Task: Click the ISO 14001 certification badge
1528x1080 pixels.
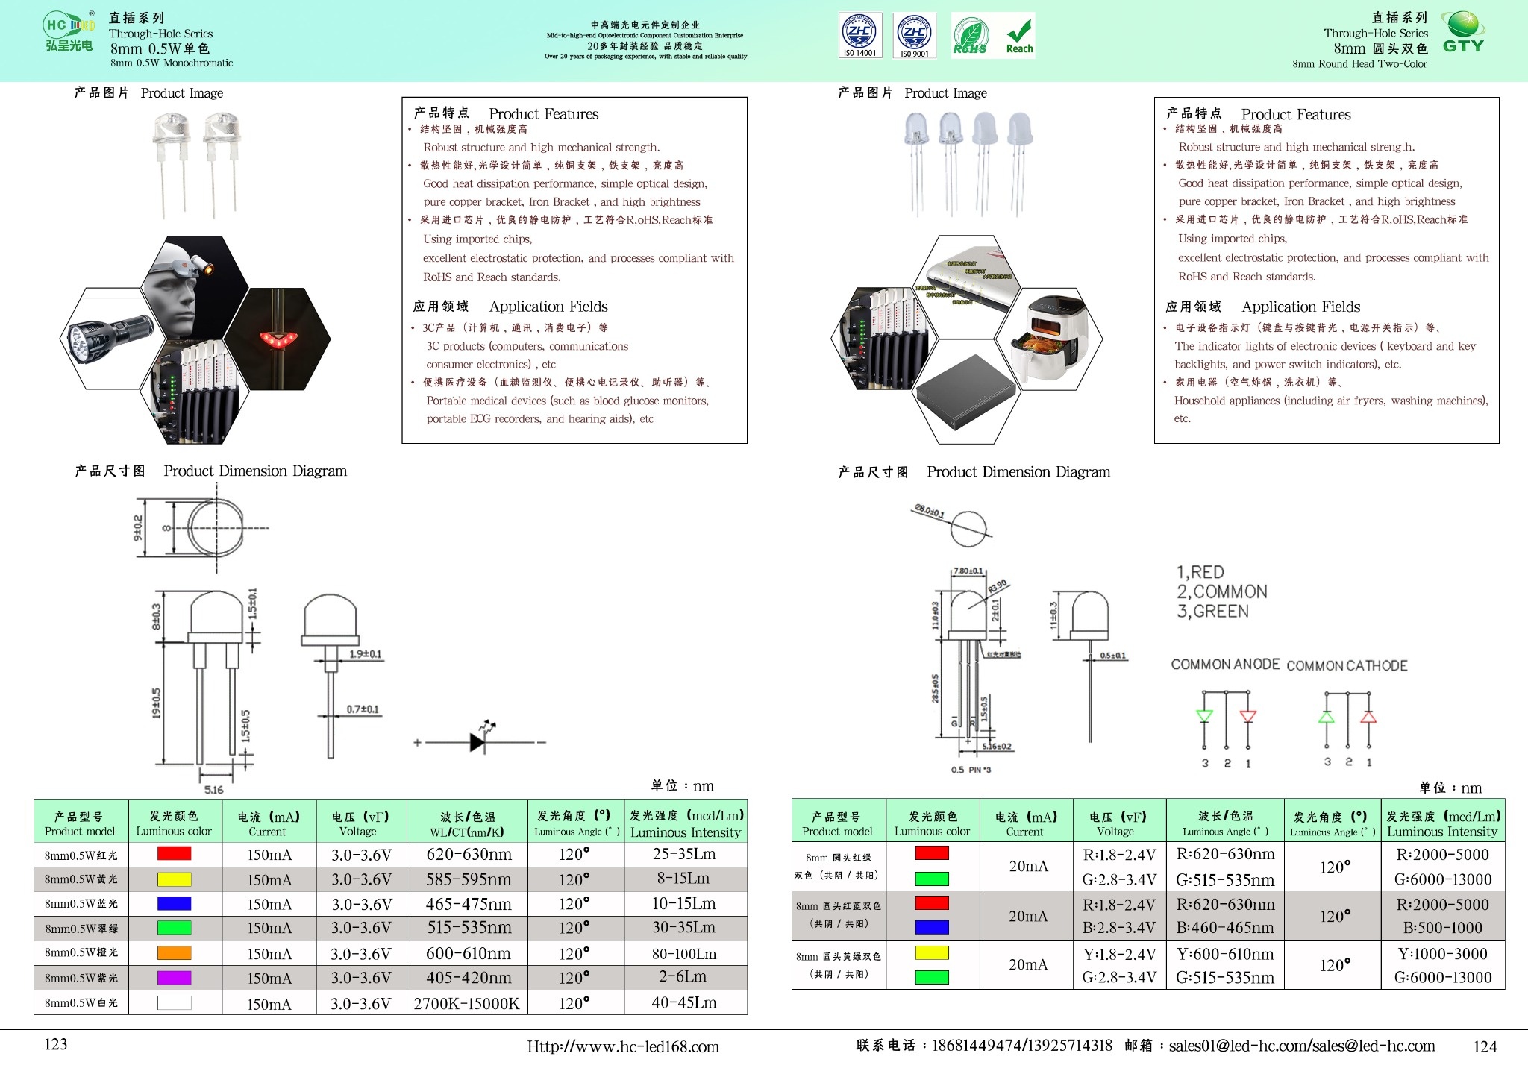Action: coord(860,35)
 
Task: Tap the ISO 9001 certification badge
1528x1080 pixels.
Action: coord(915,35)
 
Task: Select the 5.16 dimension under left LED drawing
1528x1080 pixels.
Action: coord(214,790)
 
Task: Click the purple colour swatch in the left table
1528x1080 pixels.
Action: coord(174,977)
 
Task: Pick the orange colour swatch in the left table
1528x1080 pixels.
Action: coord(174,952)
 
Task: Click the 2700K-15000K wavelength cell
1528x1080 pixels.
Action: coord(466,1003)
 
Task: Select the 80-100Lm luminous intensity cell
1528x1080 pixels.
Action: coord(684,953)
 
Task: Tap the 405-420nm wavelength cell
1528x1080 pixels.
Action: coord(468,977)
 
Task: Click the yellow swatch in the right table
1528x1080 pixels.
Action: coord(932,952)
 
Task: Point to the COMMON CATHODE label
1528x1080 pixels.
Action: coord(1347,665)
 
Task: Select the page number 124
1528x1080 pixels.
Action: coord(1485,1046)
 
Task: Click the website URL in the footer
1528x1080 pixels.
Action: coord(623,1046)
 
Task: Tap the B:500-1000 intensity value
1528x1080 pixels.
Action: coord(1442,928)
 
